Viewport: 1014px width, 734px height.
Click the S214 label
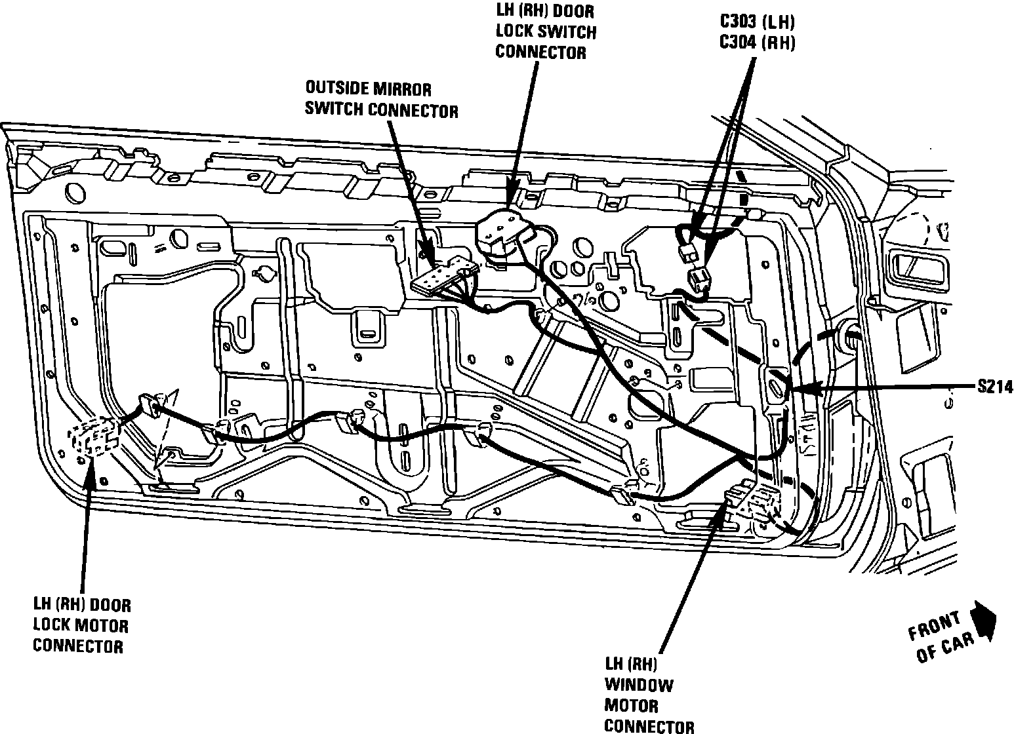(994, 388)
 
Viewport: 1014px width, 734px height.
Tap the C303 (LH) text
(758, 22)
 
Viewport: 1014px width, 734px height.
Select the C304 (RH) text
(758, 43)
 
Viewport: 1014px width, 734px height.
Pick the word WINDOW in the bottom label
(638, 686)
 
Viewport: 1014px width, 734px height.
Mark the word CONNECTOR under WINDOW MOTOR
(649, 725)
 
